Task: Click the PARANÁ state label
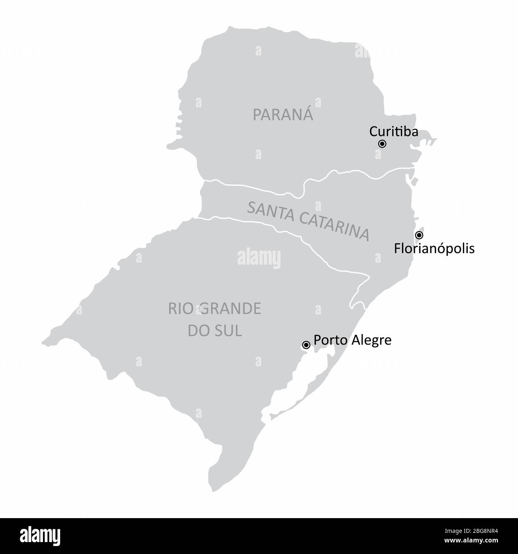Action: [283, 115]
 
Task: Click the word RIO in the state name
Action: [177, 309]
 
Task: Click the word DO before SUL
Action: [198, 331]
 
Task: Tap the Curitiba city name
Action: [394, 131]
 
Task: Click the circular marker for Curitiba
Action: [382, 144]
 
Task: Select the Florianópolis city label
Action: [434, 249]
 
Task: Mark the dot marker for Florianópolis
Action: [419, 235]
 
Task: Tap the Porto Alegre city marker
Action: [306, 345]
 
